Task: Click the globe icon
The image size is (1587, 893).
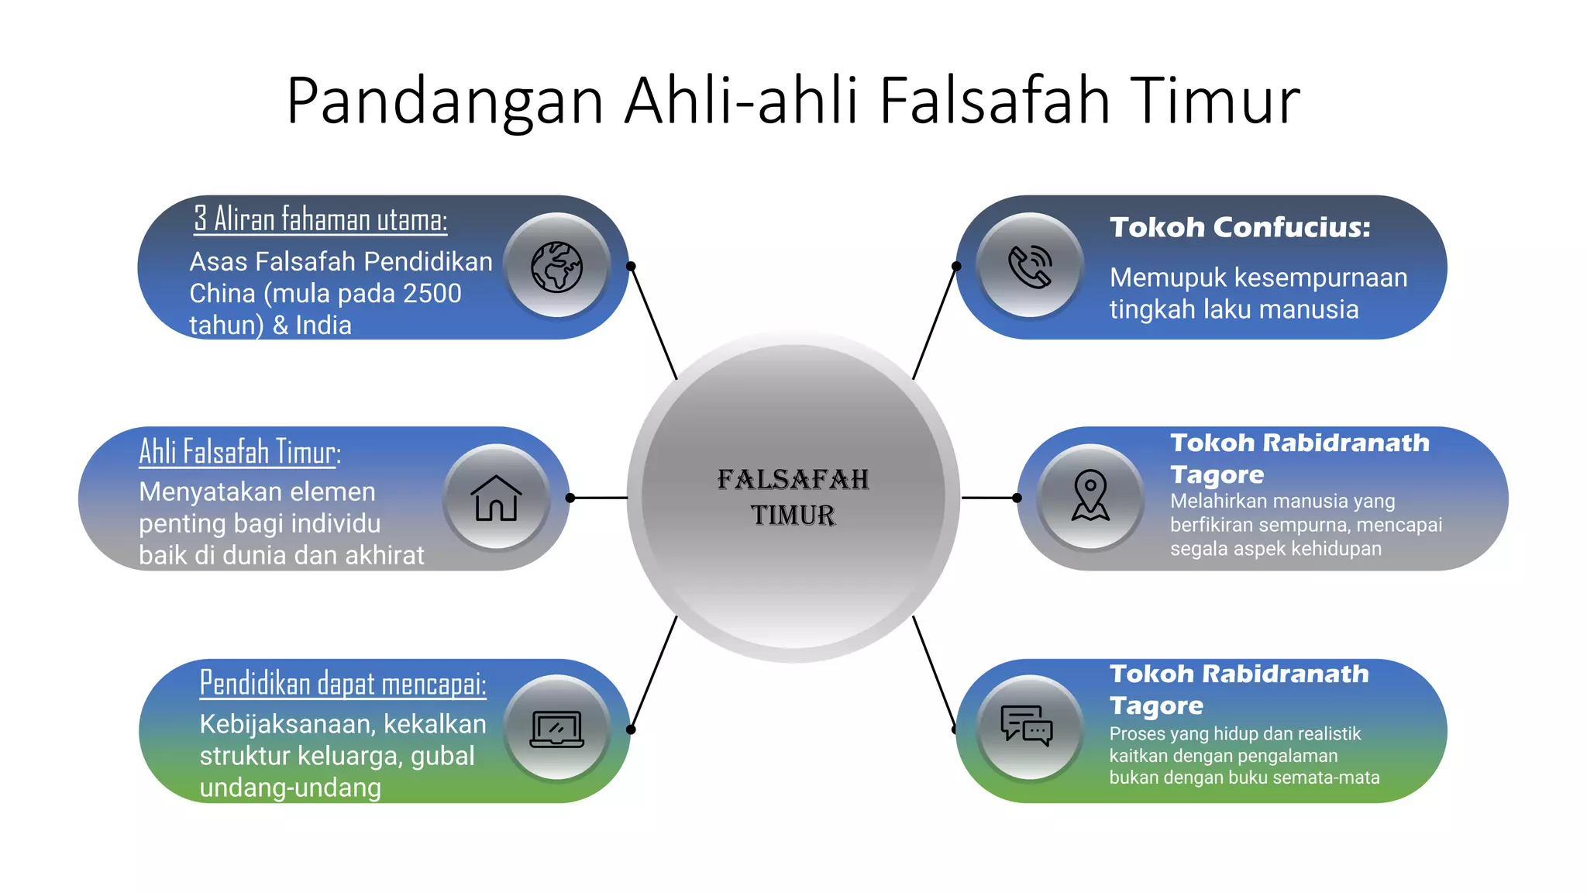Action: pos(556,267)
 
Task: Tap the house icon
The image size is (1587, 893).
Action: pos(496,498)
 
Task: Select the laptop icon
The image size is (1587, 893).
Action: pos(556,729)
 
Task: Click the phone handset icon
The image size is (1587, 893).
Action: pos(1030,267)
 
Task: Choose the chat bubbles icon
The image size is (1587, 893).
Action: pos(1027,726)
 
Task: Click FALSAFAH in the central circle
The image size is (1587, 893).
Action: pos(793,480)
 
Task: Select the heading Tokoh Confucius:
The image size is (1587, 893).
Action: pos(1240,228)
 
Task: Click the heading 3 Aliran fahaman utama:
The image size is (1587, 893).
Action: pos(320,219)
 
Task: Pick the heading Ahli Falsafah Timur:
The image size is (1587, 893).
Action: pos(239,452)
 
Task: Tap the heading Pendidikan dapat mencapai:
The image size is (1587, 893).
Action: pos(343,684)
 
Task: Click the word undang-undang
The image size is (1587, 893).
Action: pos(290,788)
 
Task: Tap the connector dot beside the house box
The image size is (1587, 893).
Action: pos(570,498)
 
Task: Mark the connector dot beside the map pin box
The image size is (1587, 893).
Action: pos(1017,498)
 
